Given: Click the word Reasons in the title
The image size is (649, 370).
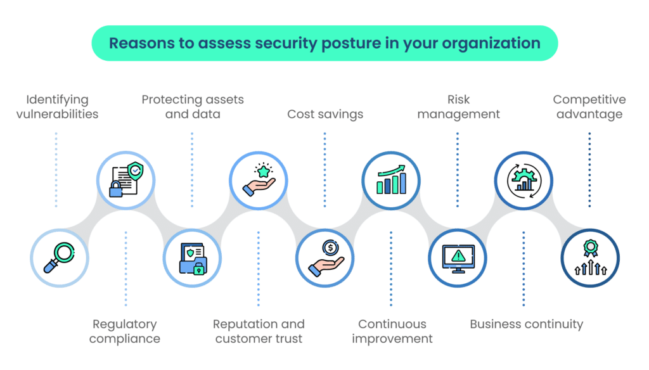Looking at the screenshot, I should click(138, 43).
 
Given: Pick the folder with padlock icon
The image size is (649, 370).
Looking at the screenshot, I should click(191, 258).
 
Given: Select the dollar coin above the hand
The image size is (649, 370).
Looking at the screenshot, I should click(329, 246).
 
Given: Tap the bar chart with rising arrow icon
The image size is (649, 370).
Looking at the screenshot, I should click(391, 179).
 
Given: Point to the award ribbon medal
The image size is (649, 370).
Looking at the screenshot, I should click(590, 251).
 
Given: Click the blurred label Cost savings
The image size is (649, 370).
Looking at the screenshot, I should click(325, 115).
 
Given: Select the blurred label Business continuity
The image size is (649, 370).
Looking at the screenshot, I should click(526, 324).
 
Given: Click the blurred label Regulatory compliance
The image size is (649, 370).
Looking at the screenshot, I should click(125, 331).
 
